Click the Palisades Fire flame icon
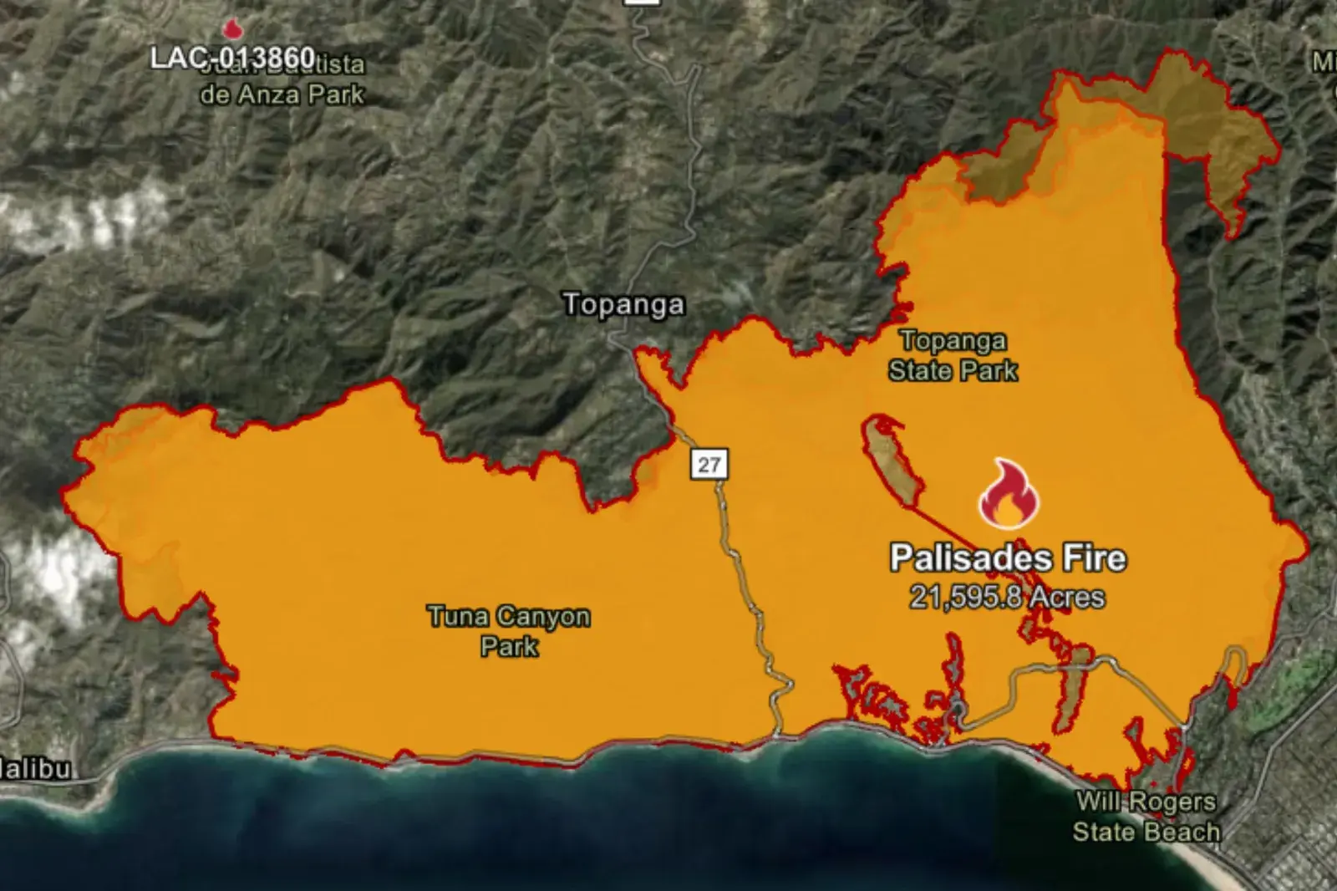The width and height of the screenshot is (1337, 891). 1009,495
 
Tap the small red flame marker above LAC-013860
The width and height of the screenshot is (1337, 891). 231,29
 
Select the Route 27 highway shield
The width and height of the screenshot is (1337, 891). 709,464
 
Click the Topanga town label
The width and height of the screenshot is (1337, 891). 623,304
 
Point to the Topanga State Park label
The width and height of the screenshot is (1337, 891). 953,355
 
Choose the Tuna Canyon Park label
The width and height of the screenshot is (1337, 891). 508,631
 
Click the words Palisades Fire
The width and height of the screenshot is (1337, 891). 1008,558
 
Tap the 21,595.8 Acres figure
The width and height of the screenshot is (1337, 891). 1007,597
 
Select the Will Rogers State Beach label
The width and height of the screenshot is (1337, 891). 1146,817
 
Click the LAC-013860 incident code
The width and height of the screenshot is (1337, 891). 232,58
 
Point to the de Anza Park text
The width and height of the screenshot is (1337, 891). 282,94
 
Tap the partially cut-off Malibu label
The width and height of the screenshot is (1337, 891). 35,769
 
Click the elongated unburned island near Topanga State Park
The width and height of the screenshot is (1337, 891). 892,461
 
